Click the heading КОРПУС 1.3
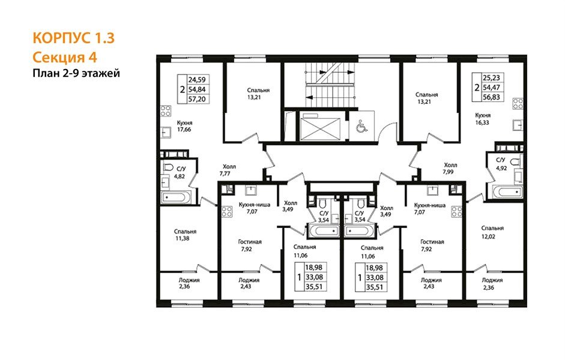(73, 38)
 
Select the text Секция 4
(65, 58)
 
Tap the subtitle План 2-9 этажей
(76, 73)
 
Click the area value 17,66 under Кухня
(184, 130)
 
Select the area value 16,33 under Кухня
(482, 122)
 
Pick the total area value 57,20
(198, 99)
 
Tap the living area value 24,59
(198, 80)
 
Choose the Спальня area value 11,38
(182, 238)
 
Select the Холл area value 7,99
(448, 172)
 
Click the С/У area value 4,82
(180, 176)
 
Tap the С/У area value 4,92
(501, 167)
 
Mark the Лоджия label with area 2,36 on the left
(189, 280)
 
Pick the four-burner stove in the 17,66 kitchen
(166, 110)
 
